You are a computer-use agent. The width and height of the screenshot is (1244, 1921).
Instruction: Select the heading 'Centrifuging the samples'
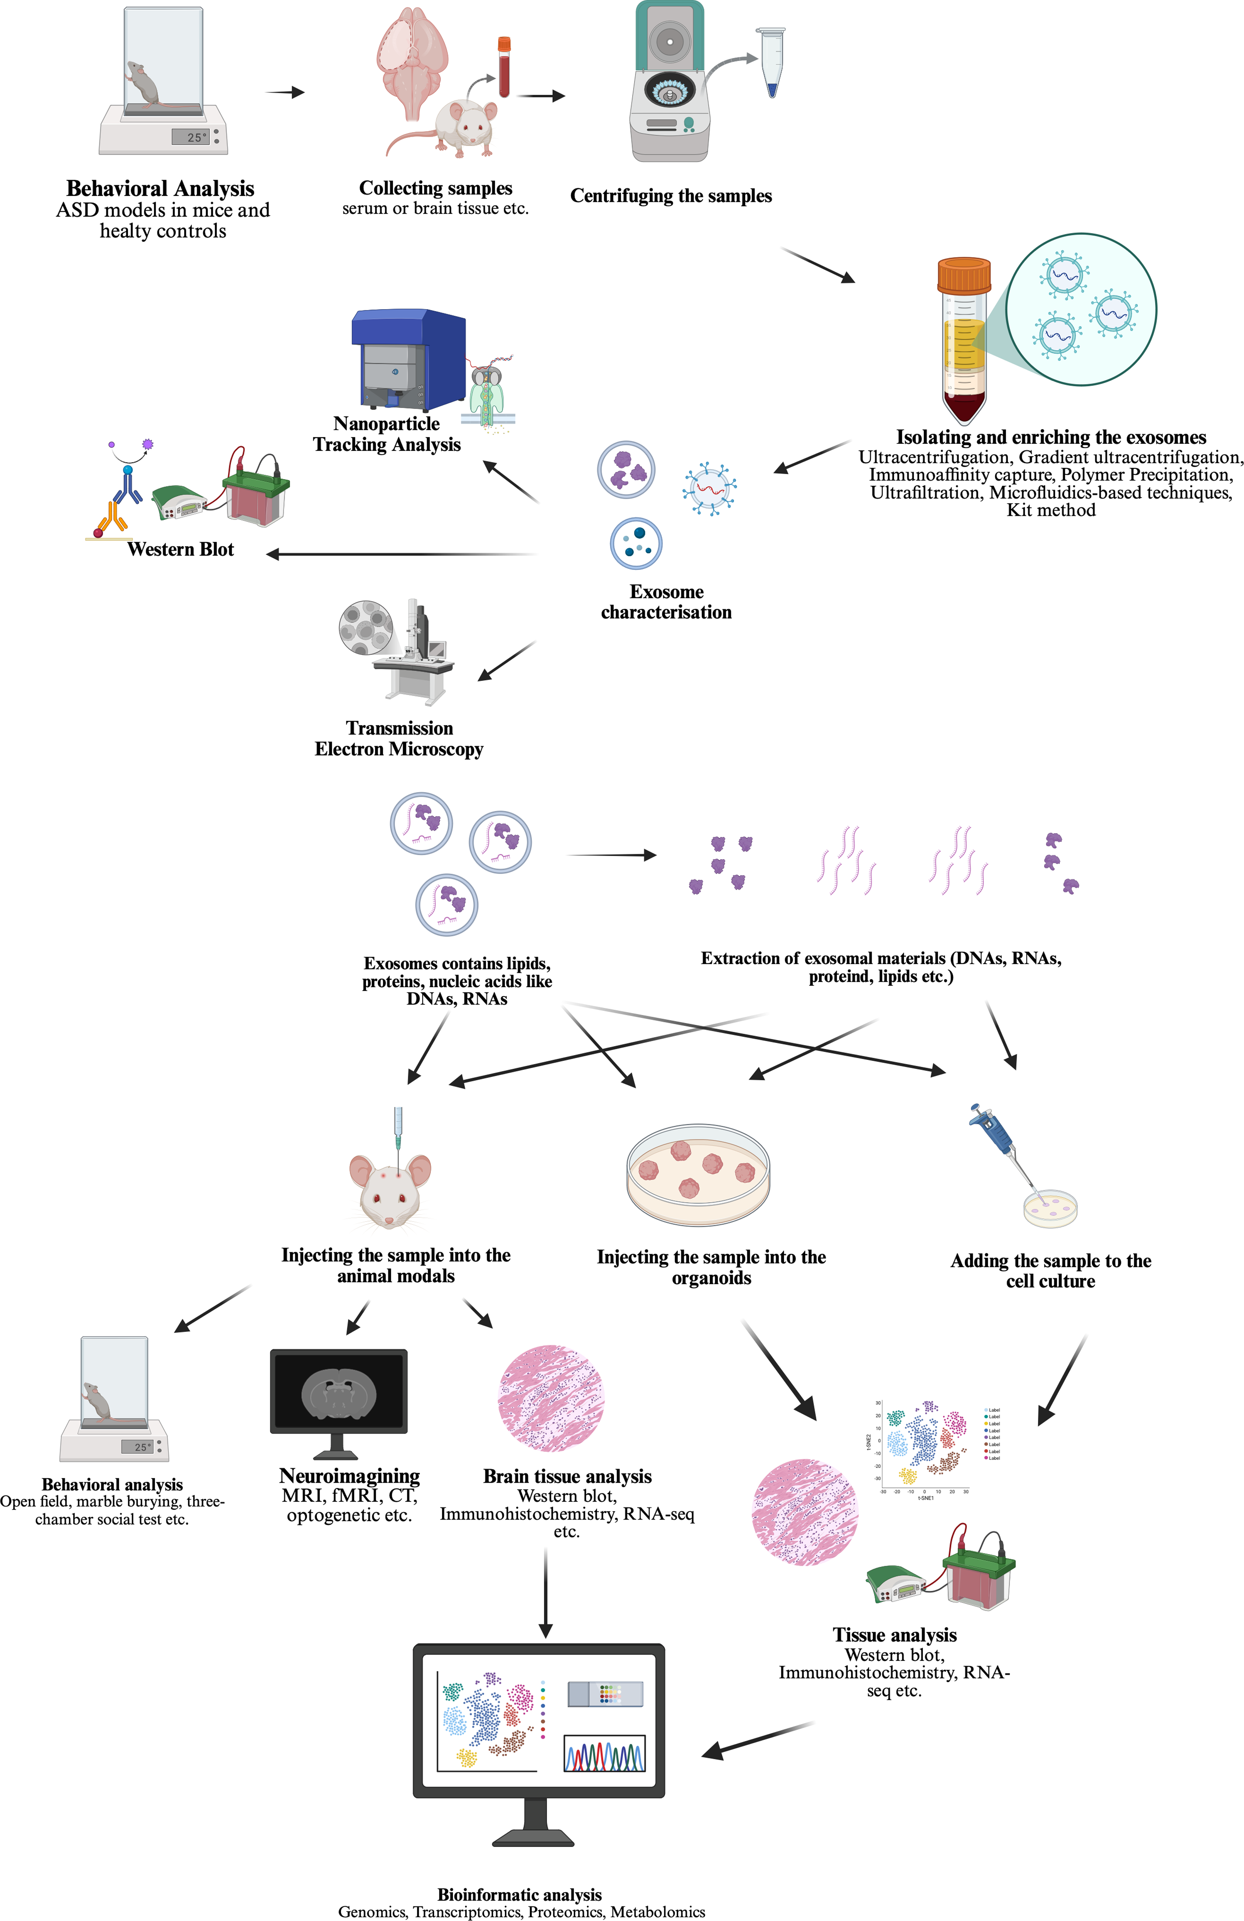(x=671, y=196)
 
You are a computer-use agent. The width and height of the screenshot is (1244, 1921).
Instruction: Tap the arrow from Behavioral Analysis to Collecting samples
(x=285, y=93)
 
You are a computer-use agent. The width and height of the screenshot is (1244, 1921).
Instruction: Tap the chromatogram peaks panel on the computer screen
(x=604, y=1753)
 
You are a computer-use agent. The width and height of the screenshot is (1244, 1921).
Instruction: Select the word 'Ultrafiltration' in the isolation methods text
(x=926, y=493)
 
